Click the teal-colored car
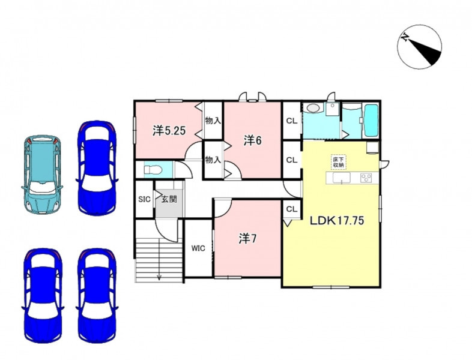42,175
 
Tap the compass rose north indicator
419,47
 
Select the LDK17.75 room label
337,221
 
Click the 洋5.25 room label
169,131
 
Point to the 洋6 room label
253,140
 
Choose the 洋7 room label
247,239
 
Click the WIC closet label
198,248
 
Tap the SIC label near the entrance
144,199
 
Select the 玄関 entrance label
169,199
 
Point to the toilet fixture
153,170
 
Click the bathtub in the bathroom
371,121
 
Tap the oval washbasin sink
313,108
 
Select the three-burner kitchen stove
366,178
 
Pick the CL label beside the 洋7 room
292,209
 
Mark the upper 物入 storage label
213,121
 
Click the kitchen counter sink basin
341,178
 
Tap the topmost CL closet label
292,121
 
